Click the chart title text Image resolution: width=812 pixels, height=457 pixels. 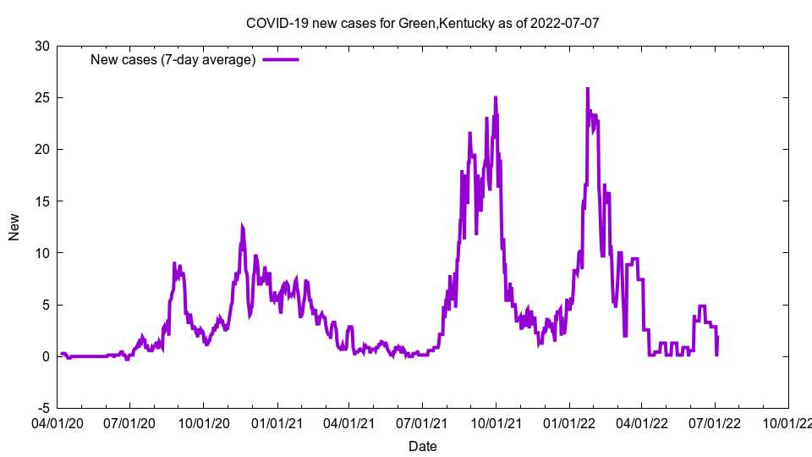(422, 23)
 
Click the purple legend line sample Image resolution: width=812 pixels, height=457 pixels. (281, 59)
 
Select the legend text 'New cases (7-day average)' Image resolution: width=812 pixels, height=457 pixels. (173, 59)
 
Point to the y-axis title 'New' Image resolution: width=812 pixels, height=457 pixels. (14, 227)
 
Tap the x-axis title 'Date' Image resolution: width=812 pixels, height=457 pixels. (422, 446)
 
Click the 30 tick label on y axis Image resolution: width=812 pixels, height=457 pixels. (41, 46)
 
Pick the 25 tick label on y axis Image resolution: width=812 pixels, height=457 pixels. (41, 97)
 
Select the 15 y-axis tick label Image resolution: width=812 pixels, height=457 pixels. (41, 201)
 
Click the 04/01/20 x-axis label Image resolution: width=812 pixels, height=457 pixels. (57, 421)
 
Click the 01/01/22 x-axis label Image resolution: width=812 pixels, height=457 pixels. (569, 421)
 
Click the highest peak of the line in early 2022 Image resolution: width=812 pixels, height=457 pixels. (587, 88)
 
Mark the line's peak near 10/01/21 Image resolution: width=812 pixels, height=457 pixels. (496, 97)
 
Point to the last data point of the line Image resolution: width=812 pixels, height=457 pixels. (717, 338)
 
